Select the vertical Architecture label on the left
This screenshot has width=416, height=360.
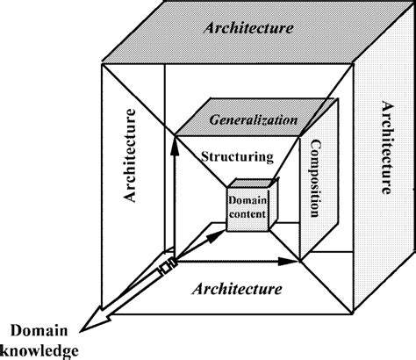point(131,156)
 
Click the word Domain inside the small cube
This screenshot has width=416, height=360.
point(247,201)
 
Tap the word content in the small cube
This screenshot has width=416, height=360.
point(248,213)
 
